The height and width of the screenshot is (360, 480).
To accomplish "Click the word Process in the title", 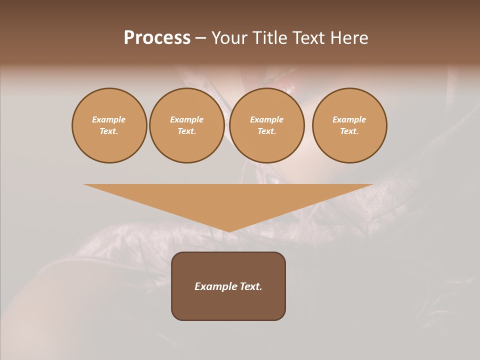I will point(157,38).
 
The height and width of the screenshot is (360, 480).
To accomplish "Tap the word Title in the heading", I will point(268,38).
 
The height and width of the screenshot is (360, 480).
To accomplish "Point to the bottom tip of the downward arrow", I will point(228,231).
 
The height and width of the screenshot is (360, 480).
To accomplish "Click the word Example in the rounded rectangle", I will point(216,286).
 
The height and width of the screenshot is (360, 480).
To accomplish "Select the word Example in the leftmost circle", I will point(109,119).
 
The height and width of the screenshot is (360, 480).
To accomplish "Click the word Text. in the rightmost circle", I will point(349,131).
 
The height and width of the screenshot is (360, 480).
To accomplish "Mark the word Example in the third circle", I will point(267,119).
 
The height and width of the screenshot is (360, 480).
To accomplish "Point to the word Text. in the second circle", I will point(187,131).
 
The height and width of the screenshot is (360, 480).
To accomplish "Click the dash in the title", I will point(201,38).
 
